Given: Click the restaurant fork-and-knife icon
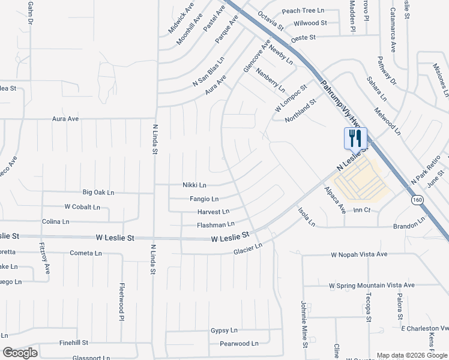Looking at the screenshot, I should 355,139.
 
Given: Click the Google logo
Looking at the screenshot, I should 20,353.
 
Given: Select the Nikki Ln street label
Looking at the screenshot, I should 194,185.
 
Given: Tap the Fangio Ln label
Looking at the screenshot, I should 204,199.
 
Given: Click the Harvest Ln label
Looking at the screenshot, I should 213,212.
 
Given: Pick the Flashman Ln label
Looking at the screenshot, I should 215,225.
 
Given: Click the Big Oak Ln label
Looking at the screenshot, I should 98,193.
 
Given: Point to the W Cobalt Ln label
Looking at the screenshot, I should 82,207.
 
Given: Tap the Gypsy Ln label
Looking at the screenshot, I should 224,331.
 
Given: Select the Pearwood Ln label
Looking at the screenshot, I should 238,344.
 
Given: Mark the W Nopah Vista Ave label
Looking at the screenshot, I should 359,254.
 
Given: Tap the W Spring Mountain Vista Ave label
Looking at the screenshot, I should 372,285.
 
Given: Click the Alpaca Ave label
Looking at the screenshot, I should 335,200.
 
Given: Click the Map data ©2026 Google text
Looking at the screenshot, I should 411,355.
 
